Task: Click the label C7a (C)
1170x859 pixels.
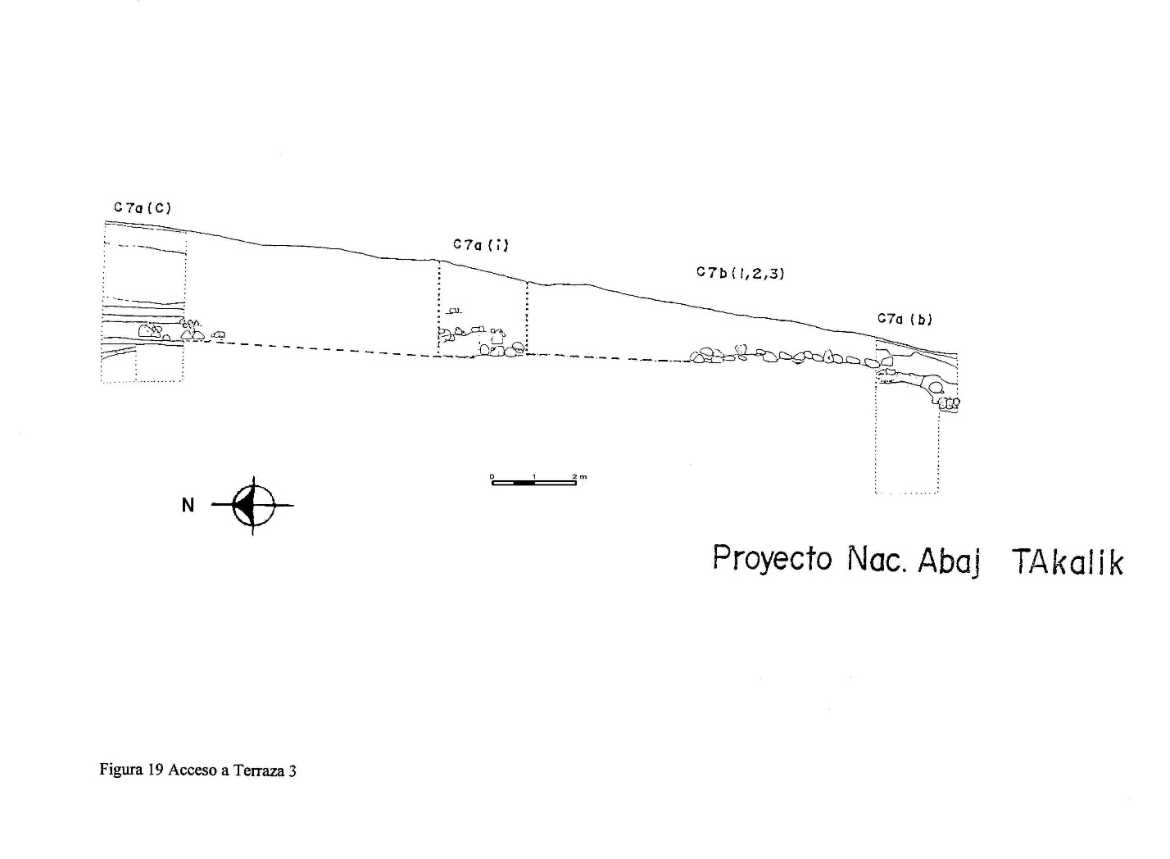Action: click(143, 208)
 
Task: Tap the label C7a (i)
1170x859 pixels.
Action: click(480, 244)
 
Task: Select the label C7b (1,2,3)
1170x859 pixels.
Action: click(740, 273)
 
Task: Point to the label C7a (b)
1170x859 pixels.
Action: click(905, 319)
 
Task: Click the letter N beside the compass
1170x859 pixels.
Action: click(188, 505)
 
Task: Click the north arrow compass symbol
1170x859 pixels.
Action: click(253, 505)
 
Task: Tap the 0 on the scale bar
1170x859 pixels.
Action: click(492, 476)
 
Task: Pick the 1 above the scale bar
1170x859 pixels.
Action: click(534, 476)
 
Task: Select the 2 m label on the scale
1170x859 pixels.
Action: click(580, 476)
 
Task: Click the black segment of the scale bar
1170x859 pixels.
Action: click(524, 483)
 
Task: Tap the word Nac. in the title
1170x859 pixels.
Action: click(877, 559)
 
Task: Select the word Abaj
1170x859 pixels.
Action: click(949, 561)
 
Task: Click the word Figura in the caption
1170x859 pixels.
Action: click(121, 770)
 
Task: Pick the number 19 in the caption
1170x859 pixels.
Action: click(156, 770)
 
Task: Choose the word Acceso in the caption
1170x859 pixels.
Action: click(193, 770)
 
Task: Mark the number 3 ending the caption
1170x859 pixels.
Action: click(292, 770)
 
